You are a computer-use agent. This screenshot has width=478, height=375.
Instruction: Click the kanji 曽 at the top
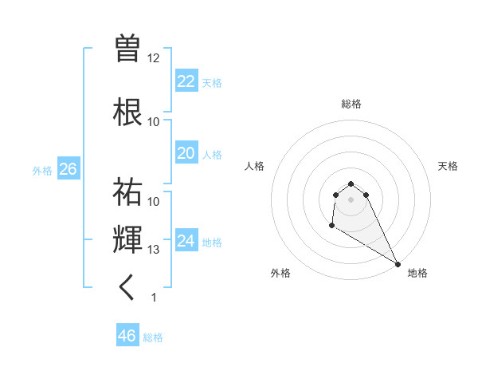pos(128,49)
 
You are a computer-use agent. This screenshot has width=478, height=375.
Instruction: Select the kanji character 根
pos(128,111)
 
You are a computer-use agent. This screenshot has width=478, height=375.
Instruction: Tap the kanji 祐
pos(128,191)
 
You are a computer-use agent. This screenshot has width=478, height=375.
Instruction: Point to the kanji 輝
pos(128,239)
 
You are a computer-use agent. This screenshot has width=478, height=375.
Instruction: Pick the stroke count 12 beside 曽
pos(154,58)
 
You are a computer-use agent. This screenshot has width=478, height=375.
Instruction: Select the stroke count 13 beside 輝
pos(154,250)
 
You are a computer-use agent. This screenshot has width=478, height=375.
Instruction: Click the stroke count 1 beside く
pos(154,298)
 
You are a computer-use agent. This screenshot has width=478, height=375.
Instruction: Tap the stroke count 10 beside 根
pos(154,122)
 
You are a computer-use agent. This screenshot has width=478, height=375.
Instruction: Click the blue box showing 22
pos(186,81)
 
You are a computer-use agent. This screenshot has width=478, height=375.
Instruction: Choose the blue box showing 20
pos(186,153)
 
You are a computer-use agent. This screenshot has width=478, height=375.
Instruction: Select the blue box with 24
pos(186,241)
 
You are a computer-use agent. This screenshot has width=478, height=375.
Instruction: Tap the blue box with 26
pos(68,168)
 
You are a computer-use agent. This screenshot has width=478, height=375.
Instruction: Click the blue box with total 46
pos(127,336)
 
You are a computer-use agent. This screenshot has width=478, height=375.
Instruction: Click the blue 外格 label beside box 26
pos(42,171)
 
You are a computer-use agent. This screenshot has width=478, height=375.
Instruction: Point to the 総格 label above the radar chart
pos(351,104)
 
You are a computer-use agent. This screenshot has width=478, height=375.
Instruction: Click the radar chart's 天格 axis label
pos(448,166)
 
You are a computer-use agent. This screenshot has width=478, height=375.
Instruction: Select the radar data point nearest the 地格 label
pos(398,264)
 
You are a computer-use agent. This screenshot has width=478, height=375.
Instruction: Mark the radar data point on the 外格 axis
pos(331,227)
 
